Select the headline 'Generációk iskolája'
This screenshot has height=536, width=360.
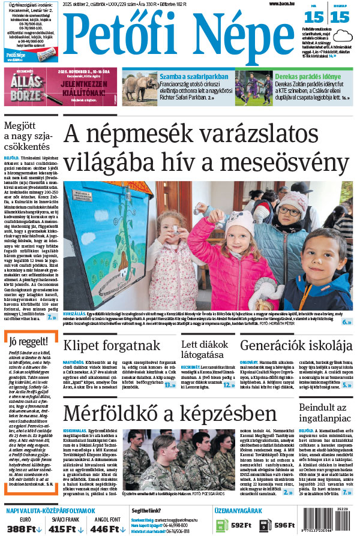pos(296,345)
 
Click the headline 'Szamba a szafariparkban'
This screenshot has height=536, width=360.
pos(186,77)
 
